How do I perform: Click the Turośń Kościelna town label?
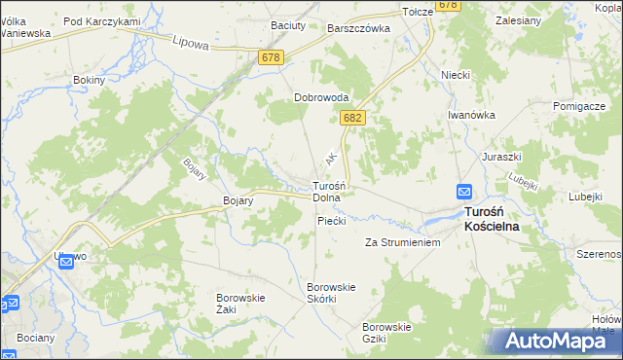pyautogui.click(x=492, y=218)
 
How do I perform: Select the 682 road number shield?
pyautogui.click(x=353, y=118)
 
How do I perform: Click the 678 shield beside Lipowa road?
pyautogui.click(x=273, y=58)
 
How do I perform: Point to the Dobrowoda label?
pyautogui.click(x=320, y=98)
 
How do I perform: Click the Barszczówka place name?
pyautogui.click(x=359, y=28)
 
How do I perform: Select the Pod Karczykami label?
pyautogui.click(x=102, y=20)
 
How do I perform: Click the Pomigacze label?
pyautogui.click(x=580, y=104)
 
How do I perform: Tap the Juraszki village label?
pyautogui.click(x=502, y=156)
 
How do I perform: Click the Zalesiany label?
pyautogui.click(x=518, y=18)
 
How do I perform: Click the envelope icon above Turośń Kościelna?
pyautogui.click(x=465, y=193)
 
